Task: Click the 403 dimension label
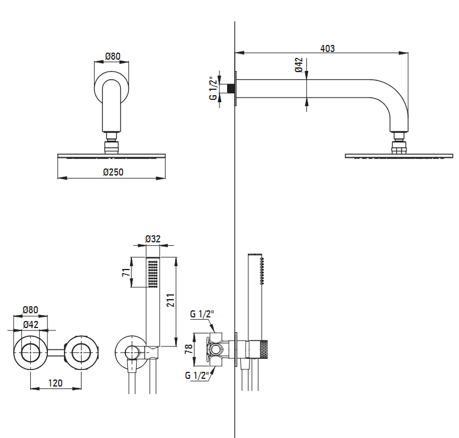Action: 327,48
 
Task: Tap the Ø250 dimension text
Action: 113,172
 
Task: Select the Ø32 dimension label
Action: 153,239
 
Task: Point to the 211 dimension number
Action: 170,300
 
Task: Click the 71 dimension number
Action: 126,272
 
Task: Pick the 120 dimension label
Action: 56,383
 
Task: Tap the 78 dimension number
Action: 189,349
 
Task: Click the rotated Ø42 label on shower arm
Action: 299,65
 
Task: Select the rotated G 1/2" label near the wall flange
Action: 214,88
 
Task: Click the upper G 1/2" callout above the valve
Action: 202,314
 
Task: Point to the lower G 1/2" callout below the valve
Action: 198,375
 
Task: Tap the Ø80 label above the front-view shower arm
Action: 113,56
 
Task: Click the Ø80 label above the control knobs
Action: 30,310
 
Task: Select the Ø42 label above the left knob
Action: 31,325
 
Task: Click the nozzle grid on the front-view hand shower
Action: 153,274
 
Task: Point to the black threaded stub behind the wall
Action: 231,88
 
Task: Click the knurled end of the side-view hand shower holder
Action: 264,349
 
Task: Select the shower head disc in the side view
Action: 399,156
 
